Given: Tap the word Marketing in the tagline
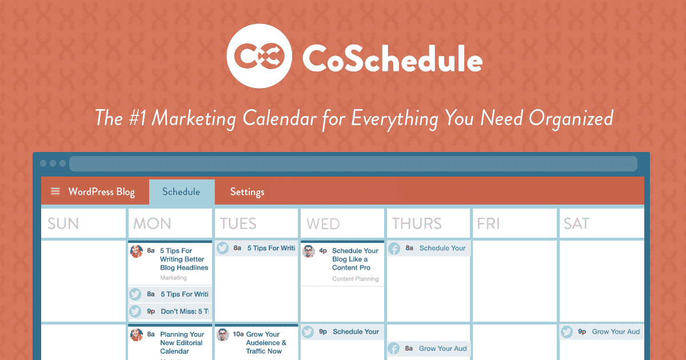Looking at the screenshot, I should (x=193, y=118).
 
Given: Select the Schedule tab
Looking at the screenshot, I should (x=181, y=192).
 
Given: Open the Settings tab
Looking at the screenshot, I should (x=247, y=192).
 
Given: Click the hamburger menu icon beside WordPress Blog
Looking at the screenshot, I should (x=55, y=191).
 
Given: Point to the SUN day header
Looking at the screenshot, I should (x=63, y=223).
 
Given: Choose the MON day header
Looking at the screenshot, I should (x=152, y=223).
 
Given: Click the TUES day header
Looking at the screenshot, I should (x=238, y=223).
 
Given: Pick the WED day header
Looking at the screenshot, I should (x=323, y=223).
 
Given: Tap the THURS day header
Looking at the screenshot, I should (x=417, y=223).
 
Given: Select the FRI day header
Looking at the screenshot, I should (x=488, y=223).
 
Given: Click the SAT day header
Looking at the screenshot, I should (x=576, y=223).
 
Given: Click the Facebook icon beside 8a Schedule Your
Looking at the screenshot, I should (x=394, y=249).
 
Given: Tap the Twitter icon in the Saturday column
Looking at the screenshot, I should (x=567, y=332).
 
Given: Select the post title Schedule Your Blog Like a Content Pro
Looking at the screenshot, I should (x=355, y=259).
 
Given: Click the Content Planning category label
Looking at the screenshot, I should (x=355, y=279).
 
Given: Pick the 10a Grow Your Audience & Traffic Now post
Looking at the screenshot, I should (x=266, y=342).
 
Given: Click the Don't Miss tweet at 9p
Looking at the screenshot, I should (x=184, y=311).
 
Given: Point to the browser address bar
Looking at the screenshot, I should (x=353, y=163).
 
